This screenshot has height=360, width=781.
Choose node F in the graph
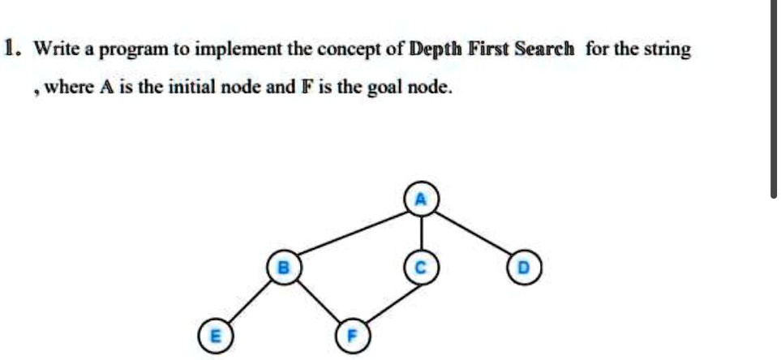(x=352, y=334)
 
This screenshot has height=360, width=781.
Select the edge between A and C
(x=420, y=234)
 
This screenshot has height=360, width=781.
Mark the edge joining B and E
(x=247, y=301)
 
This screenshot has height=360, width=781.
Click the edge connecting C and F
(x=386, y=301)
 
